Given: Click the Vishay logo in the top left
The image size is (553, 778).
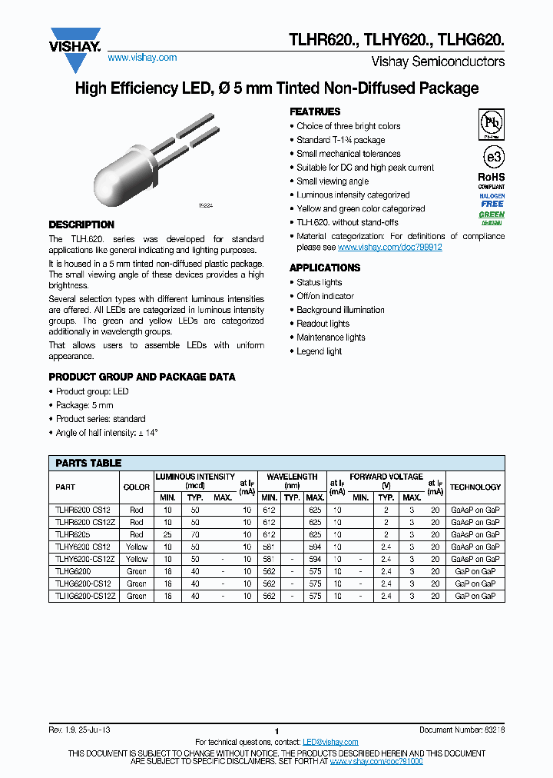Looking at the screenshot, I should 75,40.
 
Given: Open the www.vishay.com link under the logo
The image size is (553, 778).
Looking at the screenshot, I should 142,58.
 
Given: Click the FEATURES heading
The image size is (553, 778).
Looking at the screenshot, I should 315,111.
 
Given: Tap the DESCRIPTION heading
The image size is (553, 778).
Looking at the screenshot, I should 81,224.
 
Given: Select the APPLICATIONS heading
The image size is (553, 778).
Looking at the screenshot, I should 325,268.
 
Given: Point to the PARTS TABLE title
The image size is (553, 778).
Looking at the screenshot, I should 88,463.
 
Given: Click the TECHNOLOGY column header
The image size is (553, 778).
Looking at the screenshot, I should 475,487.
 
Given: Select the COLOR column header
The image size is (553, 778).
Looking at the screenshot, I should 137,487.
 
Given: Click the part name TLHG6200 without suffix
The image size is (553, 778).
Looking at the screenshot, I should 73,572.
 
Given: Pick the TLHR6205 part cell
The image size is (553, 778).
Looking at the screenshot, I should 73,534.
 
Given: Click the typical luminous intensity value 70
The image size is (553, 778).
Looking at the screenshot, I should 195,534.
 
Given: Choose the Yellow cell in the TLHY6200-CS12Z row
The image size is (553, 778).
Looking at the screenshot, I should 137,559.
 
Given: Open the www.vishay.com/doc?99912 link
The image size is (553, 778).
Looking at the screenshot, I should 389,248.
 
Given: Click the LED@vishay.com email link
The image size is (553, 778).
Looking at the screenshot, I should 330,742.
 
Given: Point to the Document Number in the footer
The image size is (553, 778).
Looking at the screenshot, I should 462,730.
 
